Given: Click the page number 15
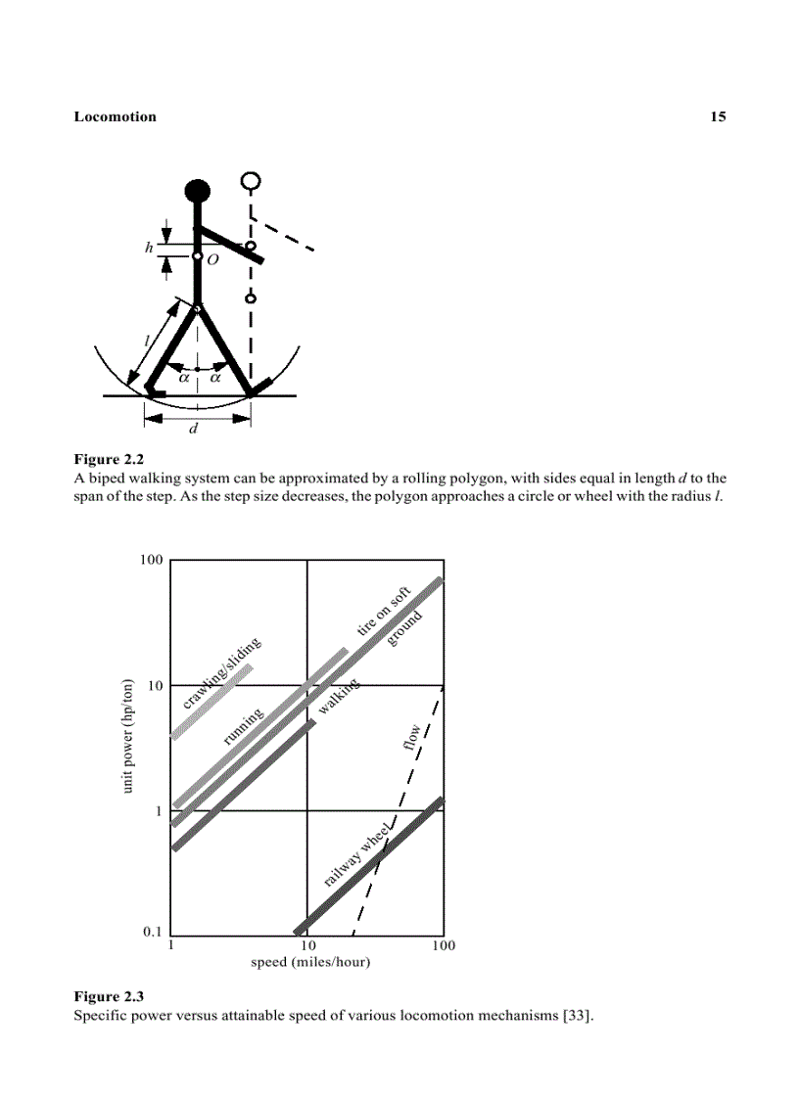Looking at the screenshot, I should click(x=718, y=116).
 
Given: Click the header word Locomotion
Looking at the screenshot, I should click(x=115, y=116).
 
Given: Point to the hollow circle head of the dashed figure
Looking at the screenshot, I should click(x=252, y=181).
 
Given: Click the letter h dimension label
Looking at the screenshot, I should click(x=149, y=248).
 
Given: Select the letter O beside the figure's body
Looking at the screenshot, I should click(x=211, y=260).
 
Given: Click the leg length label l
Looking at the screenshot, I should click(x=147, y=340).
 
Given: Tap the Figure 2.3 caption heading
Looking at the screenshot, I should click(x=109, y=996).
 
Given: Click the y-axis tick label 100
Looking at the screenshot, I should click(x=150, y=560).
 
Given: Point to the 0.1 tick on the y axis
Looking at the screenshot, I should click(x=152, y=932).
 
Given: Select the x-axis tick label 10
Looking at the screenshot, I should click(x=307, y=946).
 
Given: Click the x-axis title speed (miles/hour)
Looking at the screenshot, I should click(x=310, y=962).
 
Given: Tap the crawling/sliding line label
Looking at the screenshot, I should click(x=221, y=673).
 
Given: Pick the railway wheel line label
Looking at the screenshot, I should click(x=358, y=855).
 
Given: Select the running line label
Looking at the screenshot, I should click(x=243, y=727).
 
